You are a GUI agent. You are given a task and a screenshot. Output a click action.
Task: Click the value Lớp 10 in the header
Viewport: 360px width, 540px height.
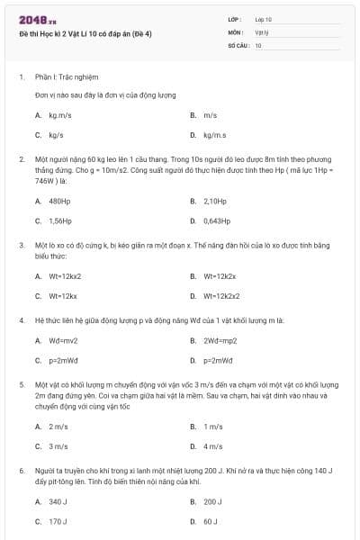(x=263, y=19)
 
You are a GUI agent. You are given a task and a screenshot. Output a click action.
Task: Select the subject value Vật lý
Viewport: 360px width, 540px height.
(x=261, y=31)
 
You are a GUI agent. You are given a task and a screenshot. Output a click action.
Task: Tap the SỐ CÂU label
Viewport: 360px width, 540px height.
(x=238, y=44)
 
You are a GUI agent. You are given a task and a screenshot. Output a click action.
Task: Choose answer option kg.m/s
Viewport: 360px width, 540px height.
(x=59, y=115)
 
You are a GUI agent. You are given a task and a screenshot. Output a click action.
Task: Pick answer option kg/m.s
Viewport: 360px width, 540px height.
(x=214, y=135)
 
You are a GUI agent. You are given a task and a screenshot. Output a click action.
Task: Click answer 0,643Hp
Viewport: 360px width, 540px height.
(x=217, y=220)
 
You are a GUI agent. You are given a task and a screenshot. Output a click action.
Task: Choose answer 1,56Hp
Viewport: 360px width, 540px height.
(x=60, y=220)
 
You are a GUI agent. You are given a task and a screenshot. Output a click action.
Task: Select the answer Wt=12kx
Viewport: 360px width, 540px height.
(x=62, y=295)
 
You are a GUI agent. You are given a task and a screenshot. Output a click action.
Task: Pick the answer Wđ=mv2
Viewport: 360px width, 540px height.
(x=63, y=340)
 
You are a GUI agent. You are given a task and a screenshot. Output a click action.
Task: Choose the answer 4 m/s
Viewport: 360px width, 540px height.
(x=212, y=445)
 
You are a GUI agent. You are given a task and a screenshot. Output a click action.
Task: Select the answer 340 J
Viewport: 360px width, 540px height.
(x=58, y=501)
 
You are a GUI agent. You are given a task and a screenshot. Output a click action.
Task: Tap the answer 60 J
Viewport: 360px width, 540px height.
(x=211, y=521)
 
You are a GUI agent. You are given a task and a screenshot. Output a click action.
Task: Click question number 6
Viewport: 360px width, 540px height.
(x=21, y=470)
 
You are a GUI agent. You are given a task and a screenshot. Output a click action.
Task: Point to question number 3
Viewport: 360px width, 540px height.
(x=21, y=244)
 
